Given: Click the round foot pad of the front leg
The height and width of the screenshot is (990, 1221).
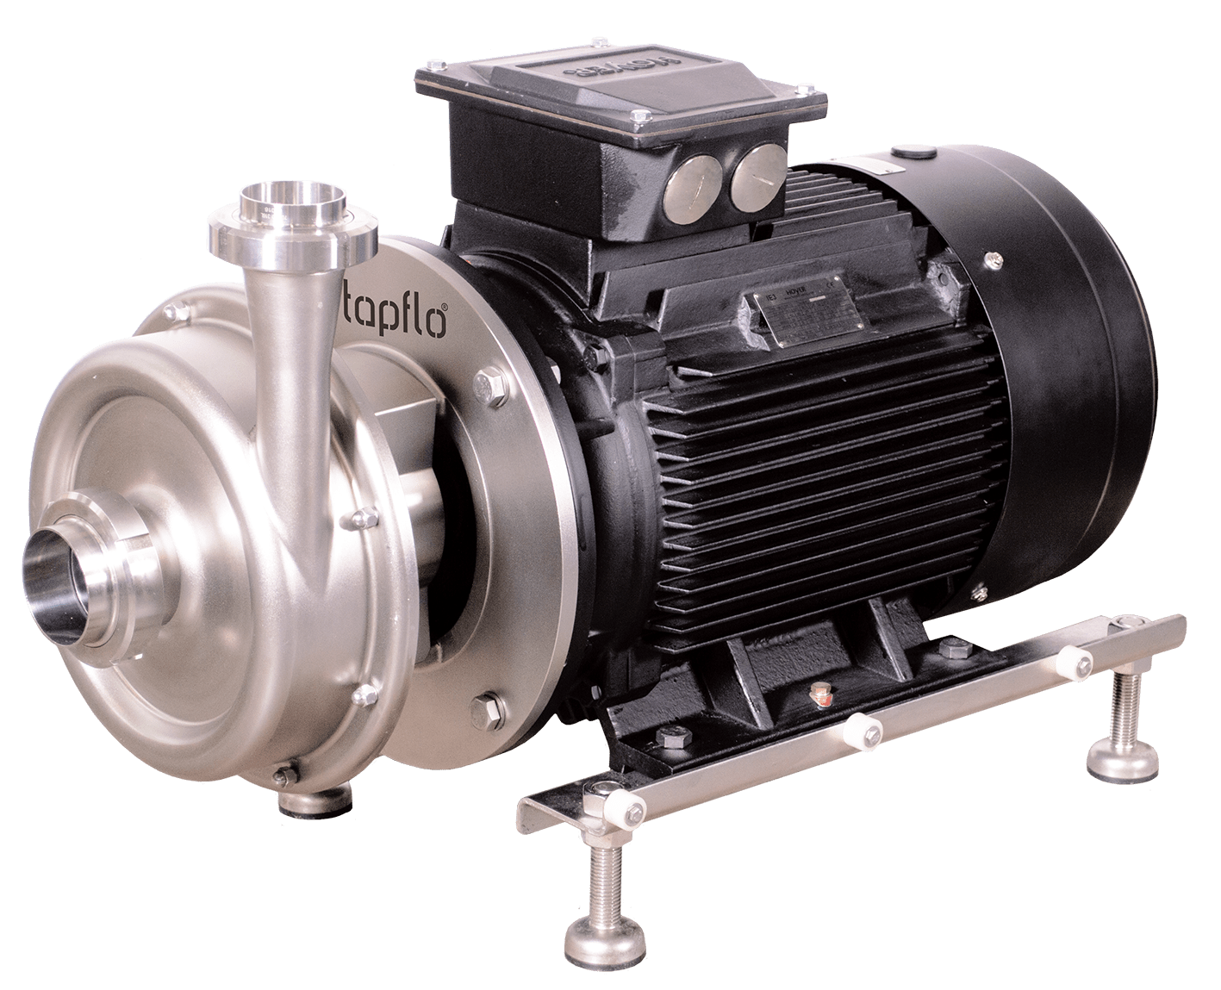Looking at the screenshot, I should pos(596,933).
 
